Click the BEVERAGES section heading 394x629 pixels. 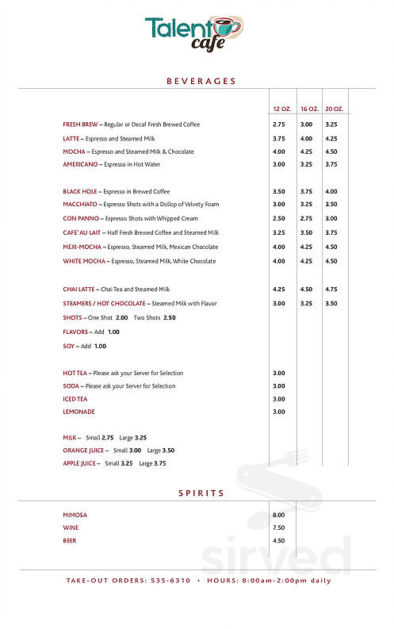[x=201, y=81]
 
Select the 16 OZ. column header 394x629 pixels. [x=308, y=108]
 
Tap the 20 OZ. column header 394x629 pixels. [x=334, y=108]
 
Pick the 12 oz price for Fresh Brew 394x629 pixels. [x=279, y=125]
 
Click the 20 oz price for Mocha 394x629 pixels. [x=331, y=151]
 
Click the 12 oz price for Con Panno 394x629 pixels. [x=279, y=218]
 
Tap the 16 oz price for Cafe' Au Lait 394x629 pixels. [x=306, y=232]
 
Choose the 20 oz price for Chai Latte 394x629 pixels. [x=331, y=290]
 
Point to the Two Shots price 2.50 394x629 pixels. [x=170, y=317]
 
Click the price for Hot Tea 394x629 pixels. [x=279, y=373]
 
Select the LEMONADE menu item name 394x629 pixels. [x=79, y=412]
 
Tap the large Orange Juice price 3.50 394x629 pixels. [x=168, y=450]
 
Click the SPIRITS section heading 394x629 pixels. [x=201, y=493]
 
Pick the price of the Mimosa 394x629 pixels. [x=279, y=515]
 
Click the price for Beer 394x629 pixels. [x=279, y=540]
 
